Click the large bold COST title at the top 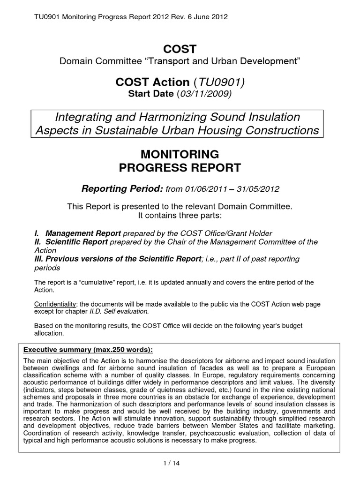tap(180, 49)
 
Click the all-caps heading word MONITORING tap(180, 154)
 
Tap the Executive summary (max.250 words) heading tap(85, 350)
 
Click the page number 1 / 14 tap(180, 463)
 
